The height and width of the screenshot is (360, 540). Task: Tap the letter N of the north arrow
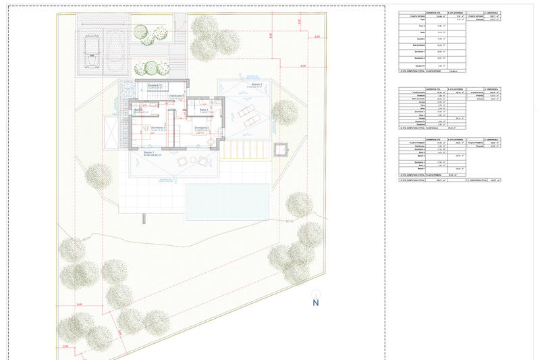[x=315, y=303]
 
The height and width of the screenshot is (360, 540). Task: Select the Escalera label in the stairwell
[x=155, y=86]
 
